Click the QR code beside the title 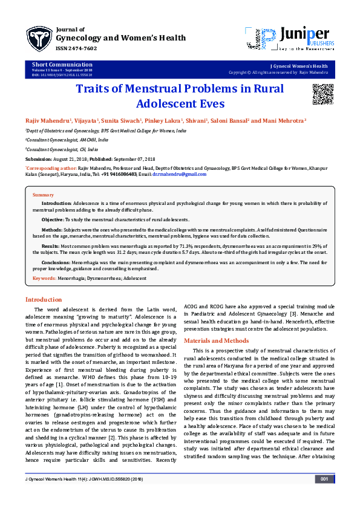[322, 94]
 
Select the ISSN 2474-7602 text [75, 48]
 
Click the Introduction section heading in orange [43, 299]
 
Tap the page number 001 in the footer [324, 496]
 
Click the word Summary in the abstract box [43, 195]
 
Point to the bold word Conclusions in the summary [56, 262]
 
